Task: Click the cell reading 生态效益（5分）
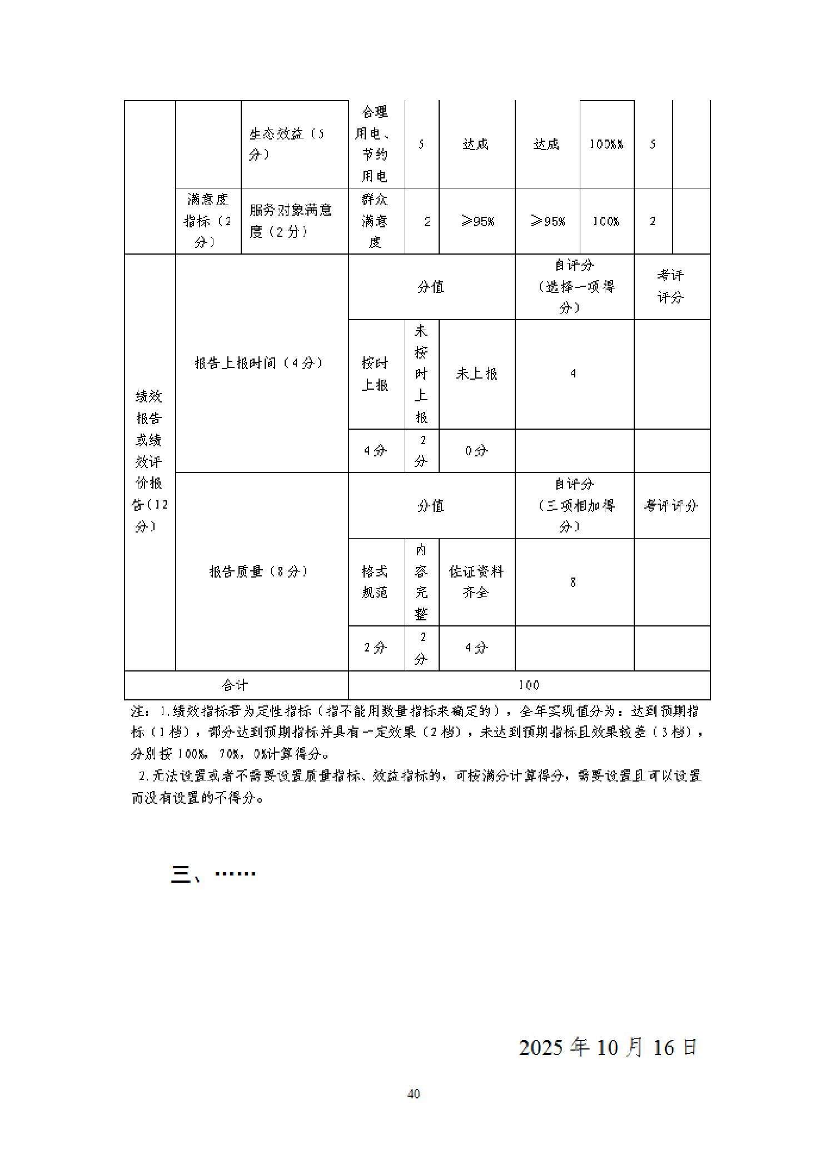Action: pos(294,144)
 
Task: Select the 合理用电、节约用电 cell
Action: pos(375,144)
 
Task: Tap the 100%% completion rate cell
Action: pos(606,144)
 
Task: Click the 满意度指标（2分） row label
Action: pos(208,221)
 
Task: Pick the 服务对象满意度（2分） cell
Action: pos(294,221)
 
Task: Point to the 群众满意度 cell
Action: pos(375,221)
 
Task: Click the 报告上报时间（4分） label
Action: pos(259,363)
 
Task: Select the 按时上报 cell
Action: pos(375,374)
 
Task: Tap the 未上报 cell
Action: pos(476,374)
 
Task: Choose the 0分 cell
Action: pos(476,451)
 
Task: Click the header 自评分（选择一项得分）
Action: pos(574,287)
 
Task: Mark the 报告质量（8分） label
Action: pos(259,571)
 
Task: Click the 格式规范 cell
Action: pos(375,581)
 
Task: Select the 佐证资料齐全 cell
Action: pos(476,581)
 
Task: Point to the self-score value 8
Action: pos(573,582)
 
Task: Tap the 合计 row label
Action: pos(235,685)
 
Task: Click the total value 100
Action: pos(529,685)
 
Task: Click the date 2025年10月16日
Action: pos(608,1047)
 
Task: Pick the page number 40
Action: pos(414,1094)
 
